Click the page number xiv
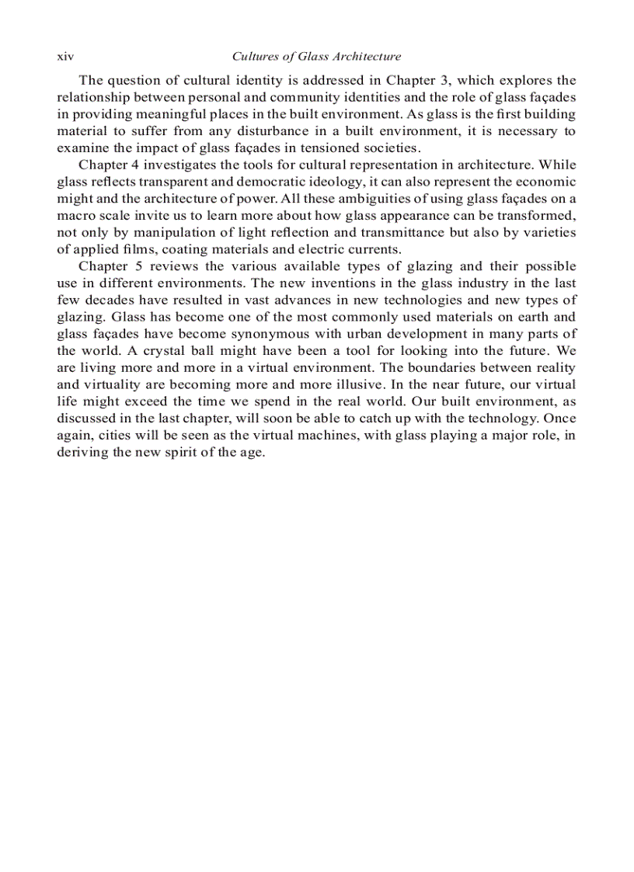pos(64,57)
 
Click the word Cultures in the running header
pos(254,57)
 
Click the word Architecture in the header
pos(367,57)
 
